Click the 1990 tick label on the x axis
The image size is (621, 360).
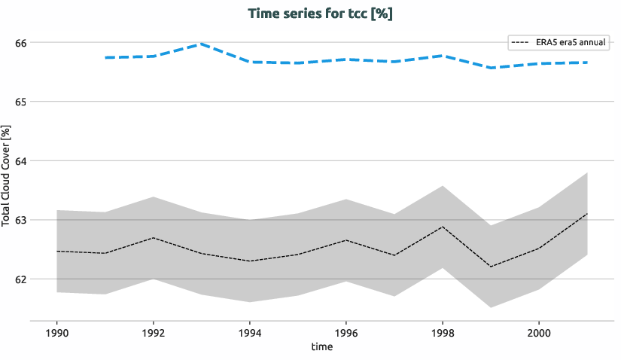(x=57, y=331)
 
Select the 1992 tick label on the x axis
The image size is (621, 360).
(x=154, y=331)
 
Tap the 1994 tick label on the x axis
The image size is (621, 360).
(x=250, y=331)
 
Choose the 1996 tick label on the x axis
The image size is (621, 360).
(x=346, y=331)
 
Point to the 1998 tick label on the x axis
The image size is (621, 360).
(x=442, y=331)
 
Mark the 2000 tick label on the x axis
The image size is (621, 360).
(x=538, y=331)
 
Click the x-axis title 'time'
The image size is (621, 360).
(x=321, y=346)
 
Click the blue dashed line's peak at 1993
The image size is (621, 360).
(x=202, y=44)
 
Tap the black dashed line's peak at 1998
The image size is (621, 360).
(x=442, y=227)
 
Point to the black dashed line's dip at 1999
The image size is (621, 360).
(x=490, y=267)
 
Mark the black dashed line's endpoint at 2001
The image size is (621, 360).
(x=586, y=214)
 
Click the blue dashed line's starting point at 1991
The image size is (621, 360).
(x=105, y=58)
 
